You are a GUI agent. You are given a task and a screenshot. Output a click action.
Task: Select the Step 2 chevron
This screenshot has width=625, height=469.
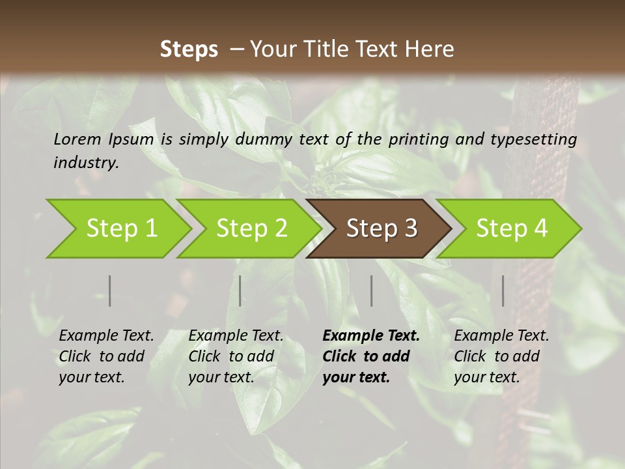(251, 229)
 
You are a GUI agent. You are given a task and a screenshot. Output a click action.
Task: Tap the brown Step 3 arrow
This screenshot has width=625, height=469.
(381, 229)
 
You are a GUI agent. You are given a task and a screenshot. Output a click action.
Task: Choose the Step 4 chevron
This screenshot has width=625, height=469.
(511, 229)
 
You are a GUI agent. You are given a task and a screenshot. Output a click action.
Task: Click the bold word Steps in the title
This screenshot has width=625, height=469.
(189, 49)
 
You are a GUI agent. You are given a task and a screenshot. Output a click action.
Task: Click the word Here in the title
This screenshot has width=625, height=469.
(429, 49)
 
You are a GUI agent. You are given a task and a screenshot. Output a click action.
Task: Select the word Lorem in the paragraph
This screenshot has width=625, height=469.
(77, 139)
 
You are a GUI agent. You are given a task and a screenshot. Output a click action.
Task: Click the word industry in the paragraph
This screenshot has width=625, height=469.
(85, 163)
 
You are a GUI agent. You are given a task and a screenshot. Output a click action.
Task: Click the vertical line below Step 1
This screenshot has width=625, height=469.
(110, 291)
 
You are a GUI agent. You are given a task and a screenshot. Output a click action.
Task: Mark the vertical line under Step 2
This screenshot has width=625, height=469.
(240, 291)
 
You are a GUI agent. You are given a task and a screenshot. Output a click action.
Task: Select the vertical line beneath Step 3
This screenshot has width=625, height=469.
(372, 291)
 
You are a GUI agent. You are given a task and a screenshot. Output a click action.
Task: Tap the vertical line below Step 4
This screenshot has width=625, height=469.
(503, 291)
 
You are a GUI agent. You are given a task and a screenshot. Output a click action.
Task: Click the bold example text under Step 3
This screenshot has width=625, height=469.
(371, 356)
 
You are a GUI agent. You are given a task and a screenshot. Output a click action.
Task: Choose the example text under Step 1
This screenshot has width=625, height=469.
(106, 356)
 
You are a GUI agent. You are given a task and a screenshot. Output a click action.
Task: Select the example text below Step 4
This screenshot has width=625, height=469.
(501, 356)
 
